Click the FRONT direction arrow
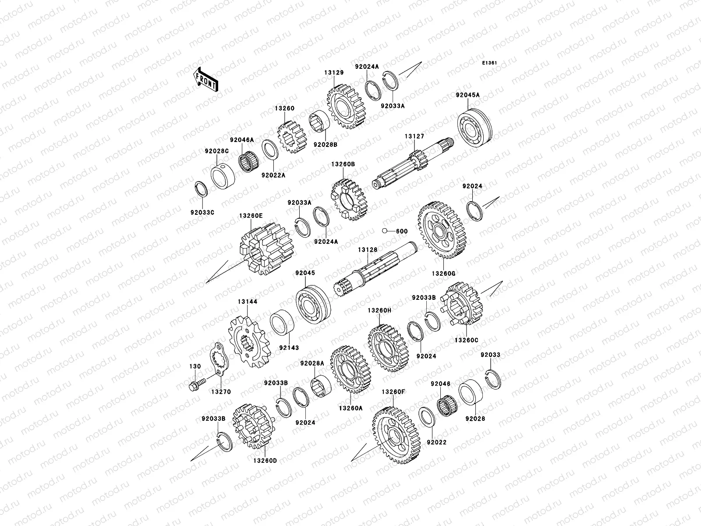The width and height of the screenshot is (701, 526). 205,80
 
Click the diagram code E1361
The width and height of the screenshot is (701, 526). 489,63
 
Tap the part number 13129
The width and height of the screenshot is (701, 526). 334,72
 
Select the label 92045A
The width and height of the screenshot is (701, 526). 467,95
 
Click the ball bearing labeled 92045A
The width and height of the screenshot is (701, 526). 474,128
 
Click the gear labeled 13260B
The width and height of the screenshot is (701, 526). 349,199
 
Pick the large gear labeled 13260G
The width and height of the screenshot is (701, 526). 442,230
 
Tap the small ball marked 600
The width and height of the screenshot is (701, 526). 385,231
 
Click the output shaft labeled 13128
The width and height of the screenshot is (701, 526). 375,269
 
